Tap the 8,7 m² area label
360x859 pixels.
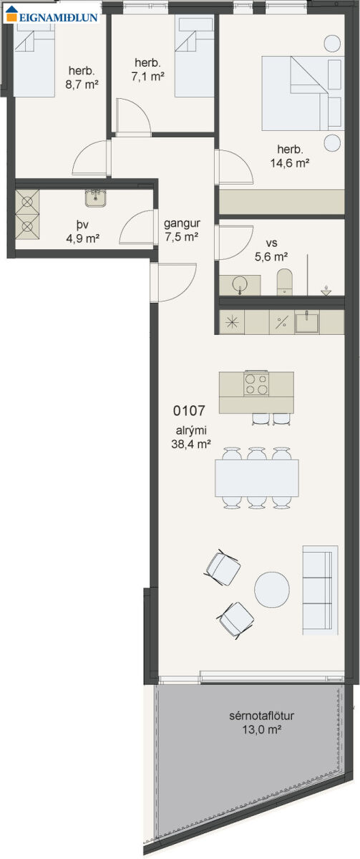click(x=82, y=84)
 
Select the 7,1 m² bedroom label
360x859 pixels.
click(x=148, y=77)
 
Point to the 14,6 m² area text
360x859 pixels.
click(x=290, y=163)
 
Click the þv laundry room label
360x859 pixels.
click(x=82, y=223)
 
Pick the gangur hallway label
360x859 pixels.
click(x=182, y=223)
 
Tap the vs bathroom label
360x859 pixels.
click(x=271, y=243)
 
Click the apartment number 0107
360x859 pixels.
click(x=189, y=411)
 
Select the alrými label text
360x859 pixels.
click(x=191, y=431)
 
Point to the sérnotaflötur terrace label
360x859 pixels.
click(x=262, y=716)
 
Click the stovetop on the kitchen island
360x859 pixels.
click(x=256, y=384)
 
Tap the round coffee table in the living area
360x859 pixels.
click(x=272, y=589)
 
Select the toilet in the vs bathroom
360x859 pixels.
click(x=284, y=281)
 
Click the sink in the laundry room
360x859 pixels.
click(x=95, y=198)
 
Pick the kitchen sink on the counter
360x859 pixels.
click(x=307, y=322)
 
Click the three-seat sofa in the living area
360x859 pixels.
click(x=321, y=591)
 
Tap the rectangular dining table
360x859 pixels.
click(x=257, y=478)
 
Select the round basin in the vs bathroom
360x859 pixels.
click(x=240, y=285)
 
